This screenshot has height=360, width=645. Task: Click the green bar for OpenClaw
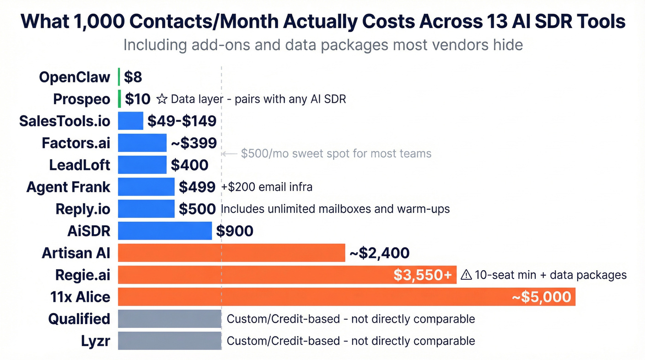(x=119, y=77)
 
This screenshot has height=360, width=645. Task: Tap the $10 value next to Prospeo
(x=138, y=99)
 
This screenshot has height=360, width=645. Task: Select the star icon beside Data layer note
(x=162, y=99)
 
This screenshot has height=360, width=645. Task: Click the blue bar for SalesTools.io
(x=130, y=121)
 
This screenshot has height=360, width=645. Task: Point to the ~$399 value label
(x=193, y=143)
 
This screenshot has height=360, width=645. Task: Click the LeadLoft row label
(x=80, y=165)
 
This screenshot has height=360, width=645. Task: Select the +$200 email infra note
(x=267, y=187)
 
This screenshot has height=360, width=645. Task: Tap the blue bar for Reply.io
(x=146, y=209)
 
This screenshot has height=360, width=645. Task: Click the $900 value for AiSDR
(x=235, y=231)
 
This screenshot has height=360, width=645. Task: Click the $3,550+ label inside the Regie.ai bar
(x=422, y=275)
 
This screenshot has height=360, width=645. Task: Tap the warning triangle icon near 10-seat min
(x=466, y=275)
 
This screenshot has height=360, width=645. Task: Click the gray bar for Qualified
(x=170, y=319)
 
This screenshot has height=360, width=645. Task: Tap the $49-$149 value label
(x=182, y=121)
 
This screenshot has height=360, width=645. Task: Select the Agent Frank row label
(x=68, y=187)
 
